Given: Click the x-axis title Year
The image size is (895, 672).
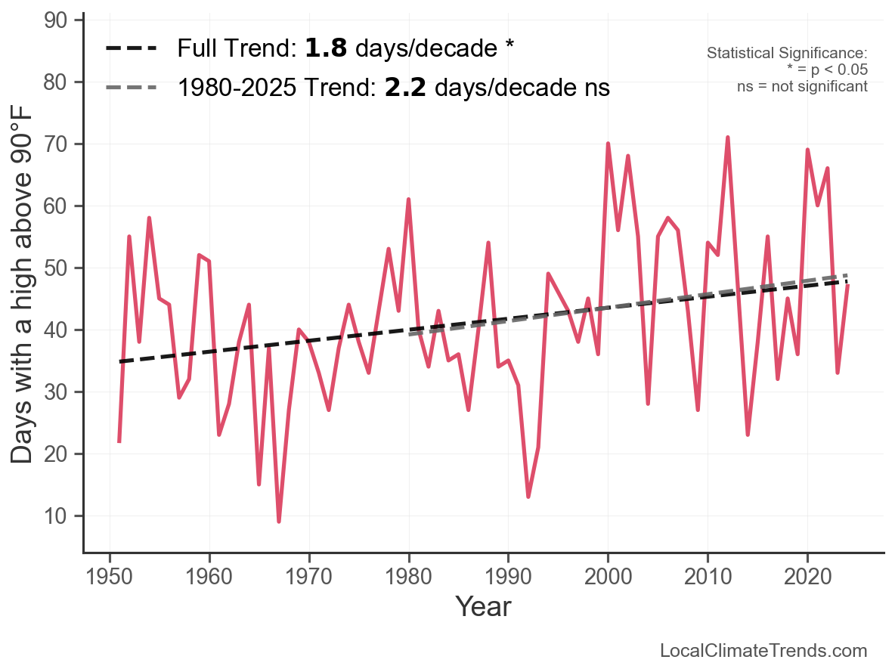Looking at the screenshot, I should tap(483, 606).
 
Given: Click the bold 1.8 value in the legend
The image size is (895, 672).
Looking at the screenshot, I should tap(326, 48).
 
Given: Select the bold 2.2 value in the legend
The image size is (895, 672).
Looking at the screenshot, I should tap(405, 88).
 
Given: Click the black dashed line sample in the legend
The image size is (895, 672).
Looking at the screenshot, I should tap(132, 48).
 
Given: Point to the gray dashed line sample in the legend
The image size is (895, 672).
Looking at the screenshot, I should tap(132, 88).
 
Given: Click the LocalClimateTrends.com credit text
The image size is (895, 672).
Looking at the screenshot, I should tap(763, 650).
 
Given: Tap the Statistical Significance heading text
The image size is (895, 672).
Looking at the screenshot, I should tap(787, 53).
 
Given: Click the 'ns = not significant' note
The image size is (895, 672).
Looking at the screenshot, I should tap(802, 86).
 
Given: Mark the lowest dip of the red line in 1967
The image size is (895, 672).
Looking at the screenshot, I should tap(279, 522).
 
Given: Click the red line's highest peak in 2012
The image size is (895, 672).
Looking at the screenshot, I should tap(727, 138).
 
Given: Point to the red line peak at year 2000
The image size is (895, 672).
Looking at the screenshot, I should tap(608, 144).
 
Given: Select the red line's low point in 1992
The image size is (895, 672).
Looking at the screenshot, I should tap(528, 497).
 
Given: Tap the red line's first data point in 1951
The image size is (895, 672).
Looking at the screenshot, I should tap(119, 441).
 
